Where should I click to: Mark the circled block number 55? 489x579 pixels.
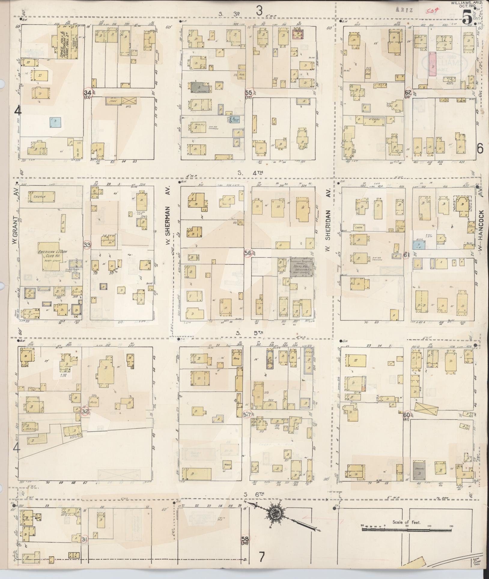point(249,92)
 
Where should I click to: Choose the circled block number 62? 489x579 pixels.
point(408,92)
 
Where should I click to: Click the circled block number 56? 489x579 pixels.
point(248,253)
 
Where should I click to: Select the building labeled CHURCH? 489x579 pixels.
point(41,197)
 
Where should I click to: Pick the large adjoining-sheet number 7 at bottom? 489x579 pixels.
point(261,558)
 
